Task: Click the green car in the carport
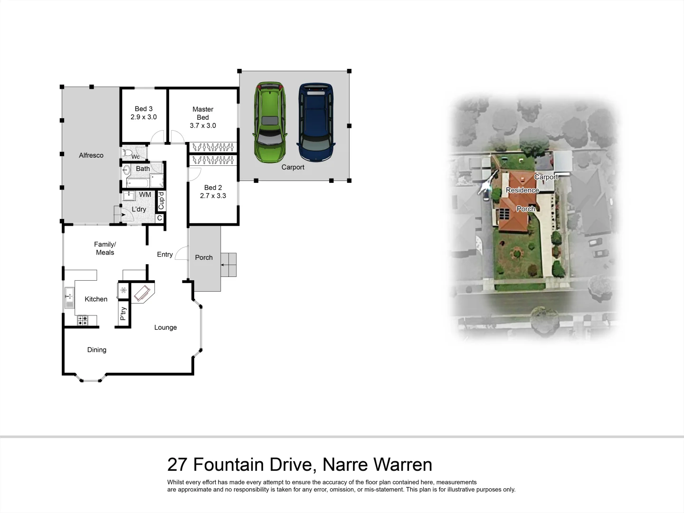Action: (270, 123)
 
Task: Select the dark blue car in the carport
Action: (315, 123)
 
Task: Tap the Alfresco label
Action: (91, 155)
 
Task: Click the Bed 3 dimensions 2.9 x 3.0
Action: (143, 117)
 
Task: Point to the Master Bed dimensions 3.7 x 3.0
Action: (203, 125)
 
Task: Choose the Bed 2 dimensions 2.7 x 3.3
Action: (213, 196)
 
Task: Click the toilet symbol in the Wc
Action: (127, 153)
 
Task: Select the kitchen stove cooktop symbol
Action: (83, 321)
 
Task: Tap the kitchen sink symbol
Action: (69, 298)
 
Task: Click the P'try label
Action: (123, 313)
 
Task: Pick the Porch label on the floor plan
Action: (204, 257)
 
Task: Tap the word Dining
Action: (96, 350)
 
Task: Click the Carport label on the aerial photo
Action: (546, 177)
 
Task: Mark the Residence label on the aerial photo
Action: (522, 190)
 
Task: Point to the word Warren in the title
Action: (402, 465)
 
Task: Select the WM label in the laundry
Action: (145, 195)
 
